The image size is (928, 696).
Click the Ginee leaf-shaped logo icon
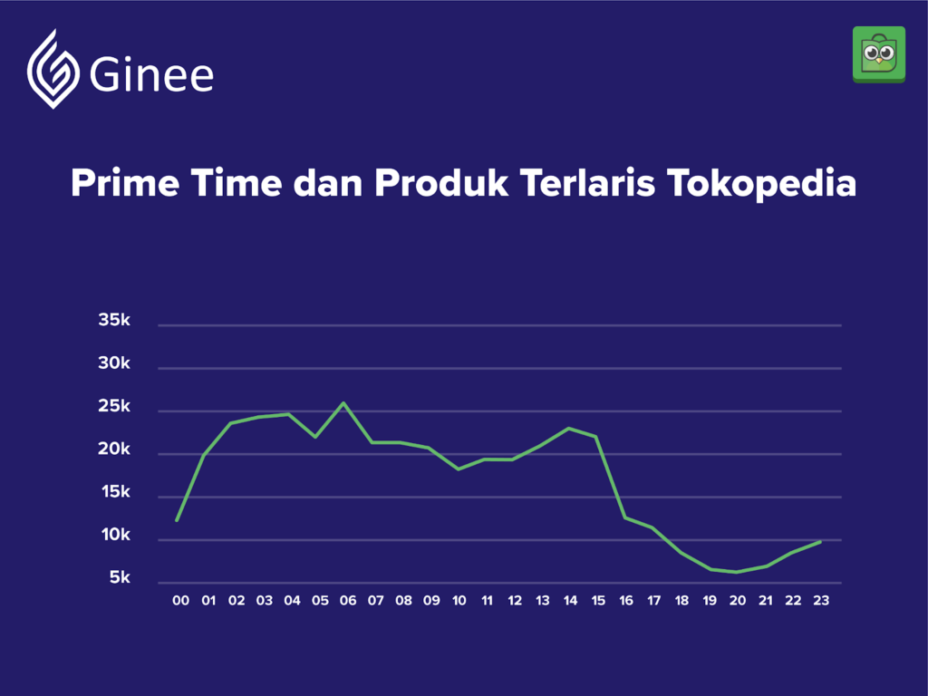click(53, 69)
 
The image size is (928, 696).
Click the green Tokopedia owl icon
click(879, 54)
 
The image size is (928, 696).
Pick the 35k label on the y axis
click(113, 320)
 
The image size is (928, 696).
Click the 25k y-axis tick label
click(113, 406)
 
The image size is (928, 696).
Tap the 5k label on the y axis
click(120, 578)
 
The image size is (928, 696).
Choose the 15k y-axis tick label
click(115, 492)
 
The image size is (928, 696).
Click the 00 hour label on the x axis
click(180, 601)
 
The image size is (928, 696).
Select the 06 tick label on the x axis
click(348, 601)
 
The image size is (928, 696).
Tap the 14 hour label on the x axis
click(571, 601)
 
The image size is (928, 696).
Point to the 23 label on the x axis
click(821, 601)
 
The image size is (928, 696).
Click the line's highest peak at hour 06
click(343, 403)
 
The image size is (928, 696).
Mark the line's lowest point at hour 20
click(737, 573)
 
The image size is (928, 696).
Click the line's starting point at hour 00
click(177, 521)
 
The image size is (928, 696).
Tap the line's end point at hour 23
click(820, 542)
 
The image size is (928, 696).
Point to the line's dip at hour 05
click(315, 438)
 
